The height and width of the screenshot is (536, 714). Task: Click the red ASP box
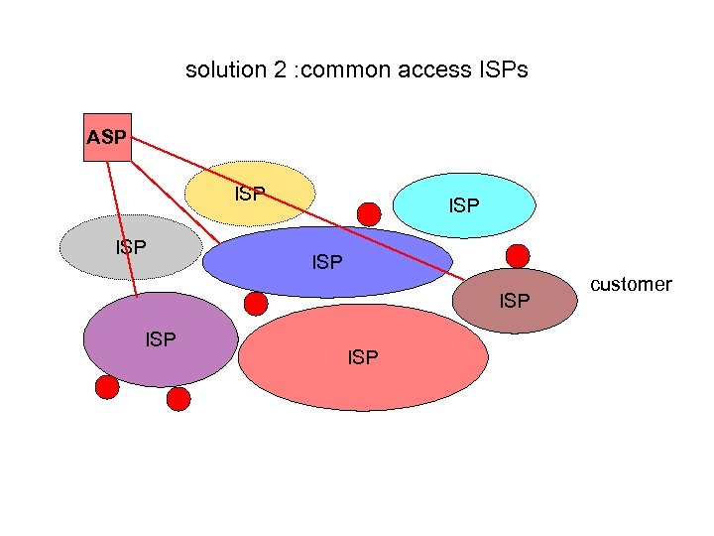[x=106, y=136]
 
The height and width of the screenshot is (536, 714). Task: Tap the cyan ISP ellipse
[x=464, y=205]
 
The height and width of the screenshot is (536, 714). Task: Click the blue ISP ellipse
[x=327, y=263]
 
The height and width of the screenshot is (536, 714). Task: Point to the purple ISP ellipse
[x=160, y=339]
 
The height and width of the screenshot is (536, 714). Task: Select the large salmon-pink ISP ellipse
[x=363, y=357]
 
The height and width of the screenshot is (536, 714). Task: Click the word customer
[x=631, y=285]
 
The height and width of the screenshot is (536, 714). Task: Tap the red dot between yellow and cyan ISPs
[x=369, y=213]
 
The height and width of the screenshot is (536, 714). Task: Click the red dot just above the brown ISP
[x=517, y=254]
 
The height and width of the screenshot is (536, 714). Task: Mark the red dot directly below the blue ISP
[x=256, y=303]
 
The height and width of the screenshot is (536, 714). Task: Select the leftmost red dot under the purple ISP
[x=107, y=386]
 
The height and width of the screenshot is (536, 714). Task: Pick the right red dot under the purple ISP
[x=178, y=398]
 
